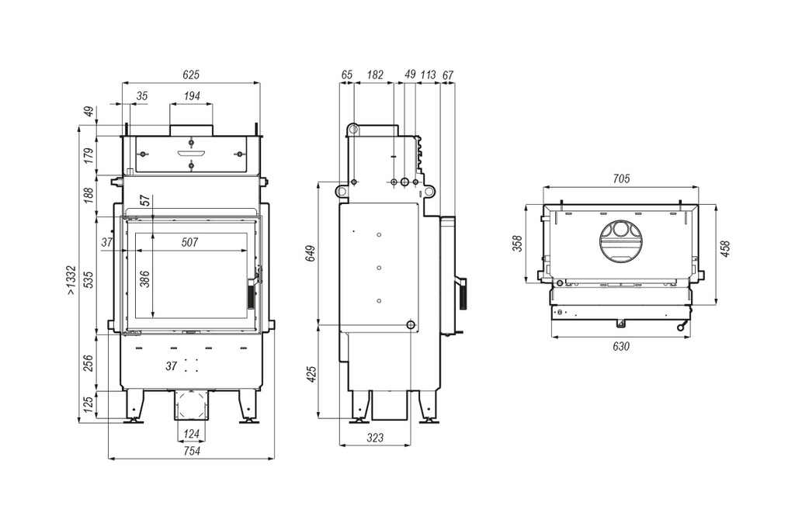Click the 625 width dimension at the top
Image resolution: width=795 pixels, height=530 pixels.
(x=191, y=75)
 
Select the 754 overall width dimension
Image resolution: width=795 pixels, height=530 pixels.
(x=191, y=452)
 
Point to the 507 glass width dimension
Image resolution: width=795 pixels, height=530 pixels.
(x=190, y=243)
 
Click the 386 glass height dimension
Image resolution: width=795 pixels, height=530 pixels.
(x=144, y=280)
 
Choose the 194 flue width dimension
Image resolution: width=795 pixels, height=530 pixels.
(x=191, y=96)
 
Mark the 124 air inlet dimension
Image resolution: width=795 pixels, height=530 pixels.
(x=190, y=432)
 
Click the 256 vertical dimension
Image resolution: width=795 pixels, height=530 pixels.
(x=89, y=362)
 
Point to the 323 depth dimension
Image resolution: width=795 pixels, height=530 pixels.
(x=375, y=438)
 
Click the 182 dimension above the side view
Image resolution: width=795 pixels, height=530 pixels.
(x=375, y=75)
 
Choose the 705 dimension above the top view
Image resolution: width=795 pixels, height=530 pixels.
(x=621, y=179)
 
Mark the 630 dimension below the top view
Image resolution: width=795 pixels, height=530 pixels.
(x=621, y=346)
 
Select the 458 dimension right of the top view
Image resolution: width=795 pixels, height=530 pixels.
(x=726, y=249)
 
